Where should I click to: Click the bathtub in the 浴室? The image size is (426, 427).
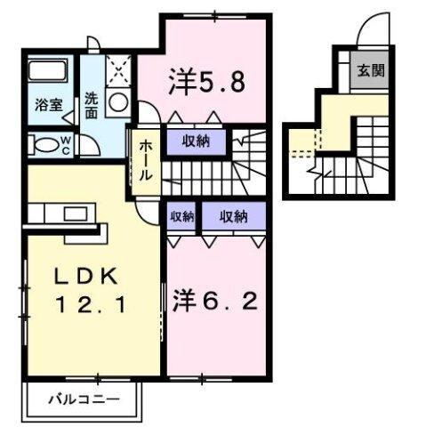click(47, 71)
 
